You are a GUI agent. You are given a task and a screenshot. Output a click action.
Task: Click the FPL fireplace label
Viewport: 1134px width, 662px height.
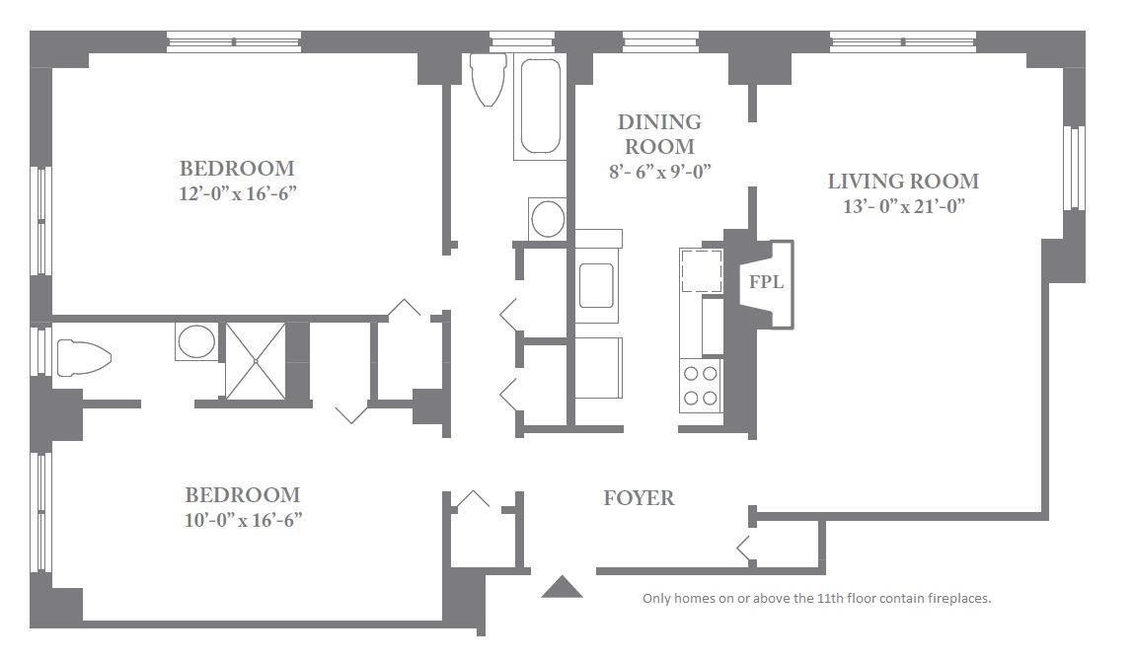point(766,281)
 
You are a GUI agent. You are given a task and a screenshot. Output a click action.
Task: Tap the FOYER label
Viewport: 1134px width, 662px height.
point(640,498)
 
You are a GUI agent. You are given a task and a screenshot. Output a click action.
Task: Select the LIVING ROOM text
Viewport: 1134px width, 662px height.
point(903,181)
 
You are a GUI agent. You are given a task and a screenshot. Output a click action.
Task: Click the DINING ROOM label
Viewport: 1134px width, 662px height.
point(659,134)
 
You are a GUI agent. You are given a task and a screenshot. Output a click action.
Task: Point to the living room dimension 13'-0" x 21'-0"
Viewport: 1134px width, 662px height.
point(904,207)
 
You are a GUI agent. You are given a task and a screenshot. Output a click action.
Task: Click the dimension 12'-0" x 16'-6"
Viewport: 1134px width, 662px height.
point(238,193)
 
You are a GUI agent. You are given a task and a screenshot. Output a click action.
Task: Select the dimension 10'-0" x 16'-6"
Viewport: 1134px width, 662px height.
point(243,520)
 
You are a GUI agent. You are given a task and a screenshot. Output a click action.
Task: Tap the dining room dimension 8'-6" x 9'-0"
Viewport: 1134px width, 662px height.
point(659,172)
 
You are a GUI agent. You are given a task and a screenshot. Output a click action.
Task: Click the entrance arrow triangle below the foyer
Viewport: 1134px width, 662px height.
point(562,587)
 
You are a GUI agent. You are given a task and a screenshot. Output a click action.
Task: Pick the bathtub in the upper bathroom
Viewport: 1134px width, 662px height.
point(540,107)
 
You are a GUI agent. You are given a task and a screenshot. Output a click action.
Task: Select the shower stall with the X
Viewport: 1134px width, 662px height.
point(256,361)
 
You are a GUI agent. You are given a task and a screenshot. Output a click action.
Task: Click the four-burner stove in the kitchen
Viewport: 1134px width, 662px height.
point(701,386)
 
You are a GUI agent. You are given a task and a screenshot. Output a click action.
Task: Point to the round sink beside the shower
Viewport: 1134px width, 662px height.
point(196,341)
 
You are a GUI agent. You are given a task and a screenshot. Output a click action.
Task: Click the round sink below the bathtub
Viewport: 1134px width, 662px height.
point(548,218)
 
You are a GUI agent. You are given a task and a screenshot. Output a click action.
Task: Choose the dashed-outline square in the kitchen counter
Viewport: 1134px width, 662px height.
point(702,271)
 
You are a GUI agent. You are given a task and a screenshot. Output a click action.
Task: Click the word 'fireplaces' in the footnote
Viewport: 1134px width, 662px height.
point(961,599)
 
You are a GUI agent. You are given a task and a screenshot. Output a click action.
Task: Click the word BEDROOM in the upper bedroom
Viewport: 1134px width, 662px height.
point(237,169)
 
